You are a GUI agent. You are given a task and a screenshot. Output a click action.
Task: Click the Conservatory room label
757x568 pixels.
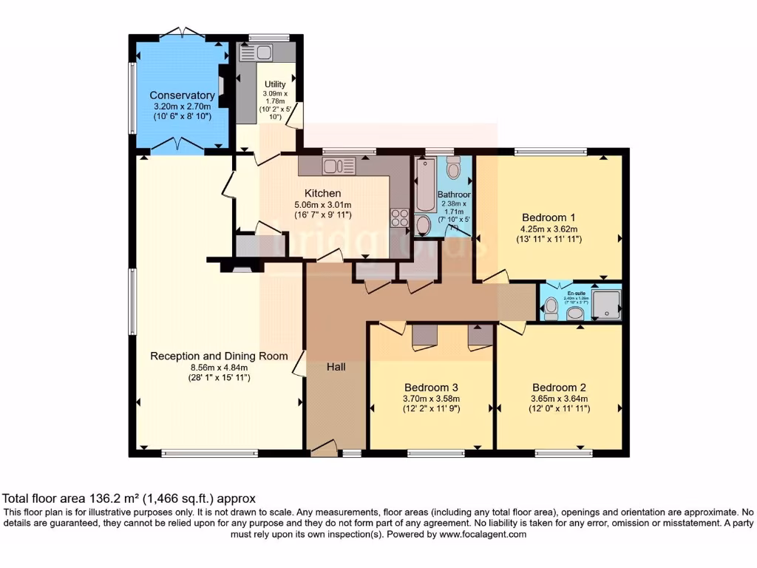[x=182, y=95]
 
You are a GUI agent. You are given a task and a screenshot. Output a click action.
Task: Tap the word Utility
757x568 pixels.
[x=275, y=84]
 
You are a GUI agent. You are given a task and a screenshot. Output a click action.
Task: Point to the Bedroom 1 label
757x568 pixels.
[x=549, y=217]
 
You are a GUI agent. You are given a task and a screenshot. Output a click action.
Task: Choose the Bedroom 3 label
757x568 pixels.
[x=431, y=387]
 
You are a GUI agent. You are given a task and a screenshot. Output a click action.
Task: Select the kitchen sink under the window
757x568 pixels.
[x=339, y=166]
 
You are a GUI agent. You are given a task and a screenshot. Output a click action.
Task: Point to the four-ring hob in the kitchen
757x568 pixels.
[x=400, y=218]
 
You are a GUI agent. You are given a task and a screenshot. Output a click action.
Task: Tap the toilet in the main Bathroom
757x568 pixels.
[x=453, y=169]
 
